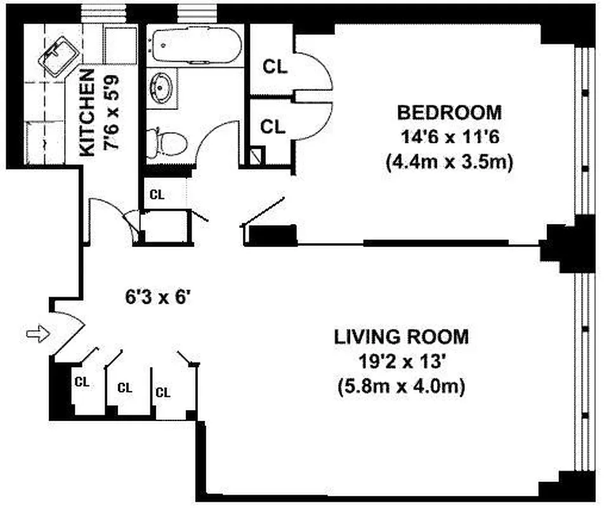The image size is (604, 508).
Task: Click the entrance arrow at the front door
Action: pos(37,334)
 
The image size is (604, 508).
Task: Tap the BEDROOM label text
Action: pos(449,112)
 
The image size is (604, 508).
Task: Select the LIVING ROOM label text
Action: pos(402,336)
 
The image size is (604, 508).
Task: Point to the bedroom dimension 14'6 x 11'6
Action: pos(449,137)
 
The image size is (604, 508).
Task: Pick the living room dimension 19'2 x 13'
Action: pos(402,361)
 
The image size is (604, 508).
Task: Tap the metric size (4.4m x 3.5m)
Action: pos(449,162)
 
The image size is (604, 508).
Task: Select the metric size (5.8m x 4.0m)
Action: pos(402,385)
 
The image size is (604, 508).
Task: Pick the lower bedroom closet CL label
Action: pos(273,126)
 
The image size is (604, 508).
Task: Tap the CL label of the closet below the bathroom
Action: pos(157,195)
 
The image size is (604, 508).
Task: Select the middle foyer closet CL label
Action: pos(125,387)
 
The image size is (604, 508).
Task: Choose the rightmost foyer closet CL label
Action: pos(163,392)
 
